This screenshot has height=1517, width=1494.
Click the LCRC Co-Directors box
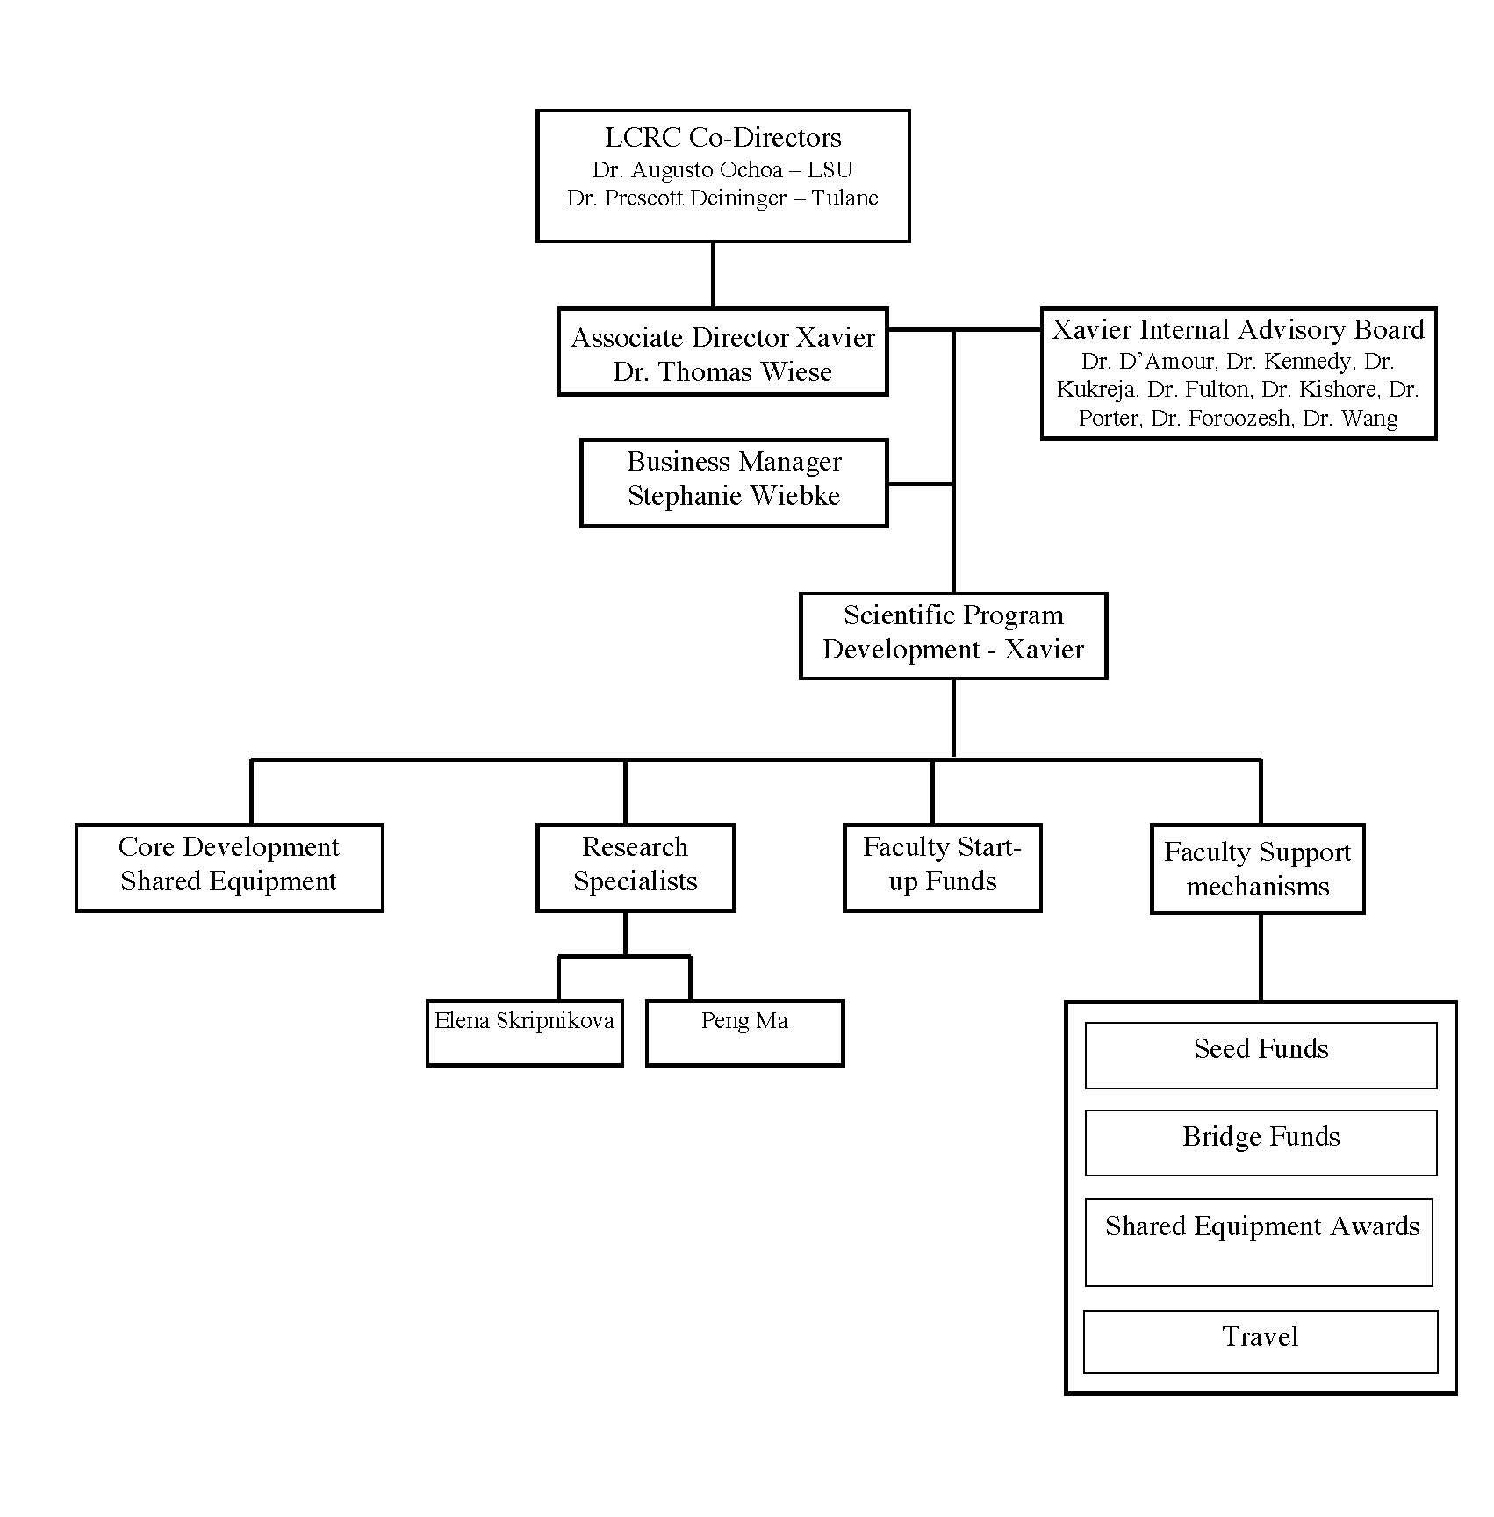point(722,176)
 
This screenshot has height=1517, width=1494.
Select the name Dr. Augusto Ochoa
point(687,169)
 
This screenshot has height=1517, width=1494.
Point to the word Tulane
point(844,198)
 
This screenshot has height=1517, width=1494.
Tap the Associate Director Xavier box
point(722,351)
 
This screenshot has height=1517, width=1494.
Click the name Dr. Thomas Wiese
point(722,372)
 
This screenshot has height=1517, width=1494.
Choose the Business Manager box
point(734,483)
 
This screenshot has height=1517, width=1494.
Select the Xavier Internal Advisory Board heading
point(1238,330)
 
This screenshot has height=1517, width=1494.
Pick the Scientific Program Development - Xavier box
point(953,636)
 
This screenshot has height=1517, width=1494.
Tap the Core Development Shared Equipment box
point(229,867)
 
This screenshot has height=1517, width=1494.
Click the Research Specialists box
point(635,867)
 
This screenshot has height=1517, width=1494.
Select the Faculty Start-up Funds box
point(942,867)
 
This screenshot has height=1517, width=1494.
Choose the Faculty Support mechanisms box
point(1257,869)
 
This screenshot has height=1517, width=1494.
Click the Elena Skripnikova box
point(524,1032)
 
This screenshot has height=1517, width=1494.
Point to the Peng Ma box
point(744,1032)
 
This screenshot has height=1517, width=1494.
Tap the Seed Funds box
point(1261,1055)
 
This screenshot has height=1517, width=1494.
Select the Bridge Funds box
point(1261,1143)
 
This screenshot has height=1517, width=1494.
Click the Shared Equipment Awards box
point(1259,1242)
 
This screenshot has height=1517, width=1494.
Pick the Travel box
point(1261,1341)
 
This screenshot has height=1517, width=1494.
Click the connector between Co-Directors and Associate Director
point(713,275)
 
